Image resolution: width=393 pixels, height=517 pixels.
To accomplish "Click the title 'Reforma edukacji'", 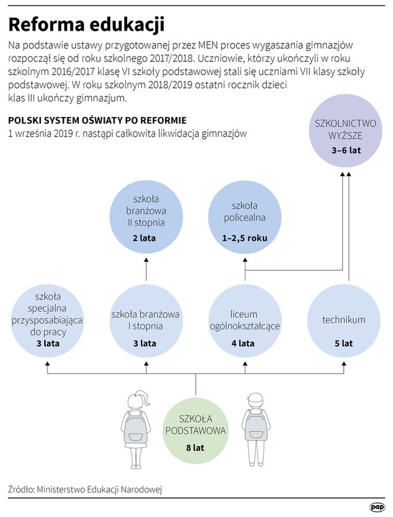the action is [86, 24].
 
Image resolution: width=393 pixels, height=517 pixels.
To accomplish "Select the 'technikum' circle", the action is [343, 321].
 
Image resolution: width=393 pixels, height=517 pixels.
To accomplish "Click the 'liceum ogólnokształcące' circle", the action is [245, 321].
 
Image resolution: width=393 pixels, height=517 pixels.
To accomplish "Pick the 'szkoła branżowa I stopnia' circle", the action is [146, 321].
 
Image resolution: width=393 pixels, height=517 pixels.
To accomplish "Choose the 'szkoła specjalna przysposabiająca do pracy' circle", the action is [48, 321].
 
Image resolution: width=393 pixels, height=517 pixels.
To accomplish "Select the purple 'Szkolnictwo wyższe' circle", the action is [345, 131].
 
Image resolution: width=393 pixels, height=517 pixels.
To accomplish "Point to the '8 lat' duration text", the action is [195, 448].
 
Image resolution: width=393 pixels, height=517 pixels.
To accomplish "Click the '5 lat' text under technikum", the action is [343, 344].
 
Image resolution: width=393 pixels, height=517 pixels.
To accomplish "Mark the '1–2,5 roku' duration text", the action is [244, 238].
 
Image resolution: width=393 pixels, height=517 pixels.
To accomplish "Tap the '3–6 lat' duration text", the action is [346, 150].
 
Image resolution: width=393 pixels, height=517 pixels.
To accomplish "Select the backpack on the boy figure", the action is [256, 427].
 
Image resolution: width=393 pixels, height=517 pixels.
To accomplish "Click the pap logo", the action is [377, 507].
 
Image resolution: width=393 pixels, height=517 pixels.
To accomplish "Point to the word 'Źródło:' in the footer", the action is [21, 489].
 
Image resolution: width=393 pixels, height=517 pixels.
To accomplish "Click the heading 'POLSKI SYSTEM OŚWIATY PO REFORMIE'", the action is [97, 120].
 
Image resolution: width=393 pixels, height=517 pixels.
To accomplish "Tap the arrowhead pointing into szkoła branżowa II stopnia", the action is [146, 261].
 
